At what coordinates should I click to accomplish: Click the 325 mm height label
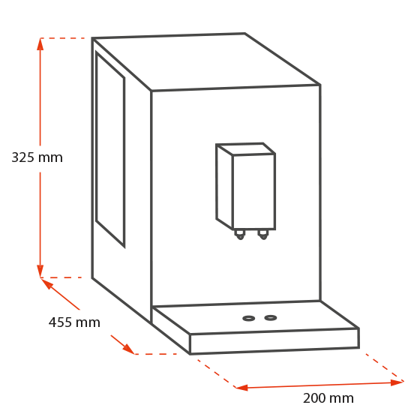(x=37, y=157)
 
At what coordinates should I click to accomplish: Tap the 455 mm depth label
(x=74, y=322)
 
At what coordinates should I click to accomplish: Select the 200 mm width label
(x=328, y=398)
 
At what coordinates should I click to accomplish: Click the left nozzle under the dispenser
(x=240, y=235)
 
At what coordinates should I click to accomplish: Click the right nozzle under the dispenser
(x=263, y=235)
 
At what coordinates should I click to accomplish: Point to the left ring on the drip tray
(x=248, y=319)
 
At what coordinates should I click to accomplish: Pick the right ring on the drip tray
(x=271, y=318)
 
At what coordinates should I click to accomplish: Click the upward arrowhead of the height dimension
(x=40, y=44)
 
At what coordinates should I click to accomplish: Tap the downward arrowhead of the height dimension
(x=40, y=271)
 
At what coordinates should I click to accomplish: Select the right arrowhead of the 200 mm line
(x=397, y=382)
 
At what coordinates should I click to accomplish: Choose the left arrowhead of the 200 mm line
(x=241, y=387)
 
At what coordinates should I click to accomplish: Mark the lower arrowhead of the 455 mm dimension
(x=128, y=349)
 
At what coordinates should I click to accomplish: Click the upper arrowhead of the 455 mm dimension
(x=46, y=283)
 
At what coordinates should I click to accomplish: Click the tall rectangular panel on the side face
(x=110, y=149)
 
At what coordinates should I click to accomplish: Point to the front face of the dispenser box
(x=254, y=192)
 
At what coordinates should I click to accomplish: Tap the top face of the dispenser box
(x=246, y=149)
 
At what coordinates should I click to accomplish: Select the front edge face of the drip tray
(x=274, y=341)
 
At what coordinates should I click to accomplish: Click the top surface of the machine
(x=206, y=61)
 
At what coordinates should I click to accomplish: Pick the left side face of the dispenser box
(x=224, y=187)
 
